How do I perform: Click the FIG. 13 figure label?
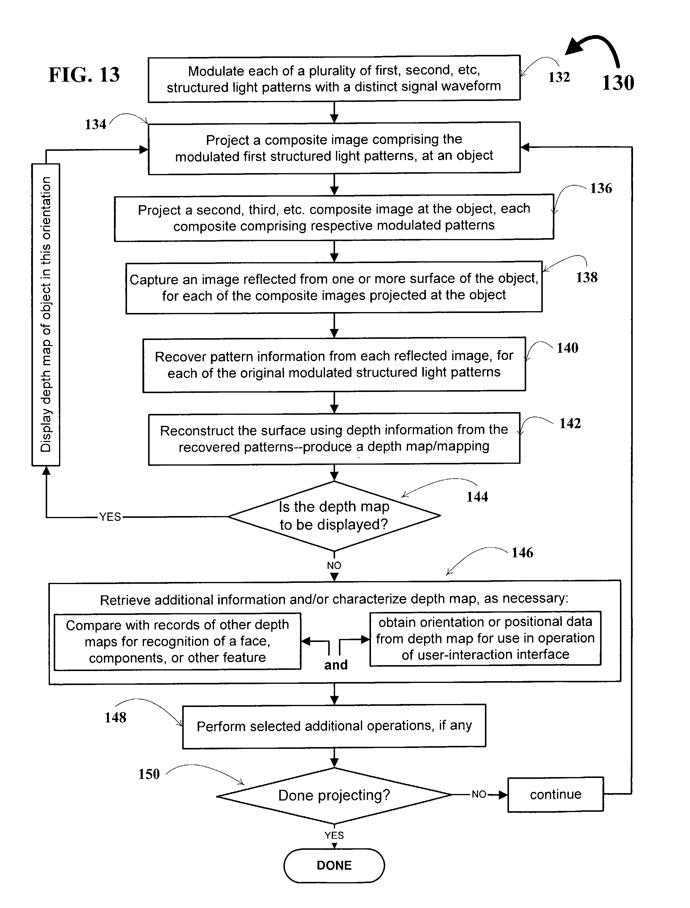(x=84, y=75)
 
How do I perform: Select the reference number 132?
(x=559, y=77)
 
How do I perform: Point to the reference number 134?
(x=95, y=124)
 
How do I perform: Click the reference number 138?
(x=586, y=277)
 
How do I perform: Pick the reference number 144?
(x=477, y=497)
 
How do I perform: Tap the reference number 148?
(x=115, y=717)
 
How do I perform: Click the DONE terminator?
(x=334, y=865)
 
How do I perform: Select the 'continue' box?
(x=555, y=794)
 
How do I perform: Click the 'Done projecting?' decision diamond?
(x=334, y=795)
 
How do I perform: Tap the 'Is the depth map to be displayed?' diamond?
(x=334, y=516)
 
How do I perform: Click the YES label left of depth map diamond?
(x=110, y=517)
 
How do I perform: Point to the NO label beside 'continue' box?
(x=479, y=794)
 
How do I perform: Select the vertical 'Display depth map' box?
(x=46, y=315)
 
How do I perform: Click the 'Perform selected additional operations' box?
(x=334, y=726)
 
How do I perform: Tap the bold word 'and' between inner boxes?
(x=336, y=665)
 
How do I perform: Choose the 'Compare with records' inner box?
(x=177, y=641)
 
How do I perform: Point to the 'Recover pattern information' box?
(x=334, y=364)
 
